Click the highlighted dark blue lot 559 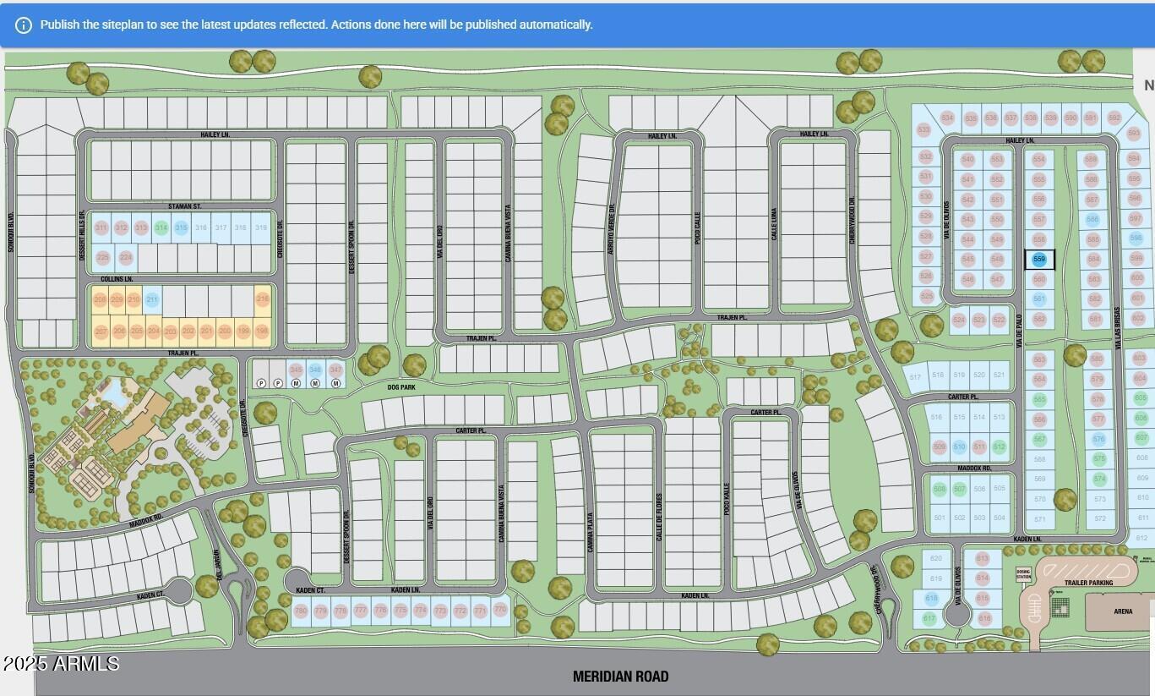[x=1039, y=260]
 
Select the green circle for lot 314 [x=161, y=227]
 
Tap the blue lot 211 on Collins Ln [x=152, y=299]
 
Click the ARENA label [x=1123, y=611]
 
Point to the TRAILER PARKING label [x=1088, y=583]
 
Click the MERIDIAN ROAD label [x=620, y=677]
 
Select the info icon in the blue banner [x=24, y=25]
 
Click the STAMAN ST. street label [x=184, y=206]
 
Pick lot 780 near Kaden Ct [x=301, y=611]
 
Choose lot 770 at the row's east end [x=500, y=610]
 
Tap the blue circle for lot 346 [x=315, y=370]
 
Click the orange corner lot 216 [x=263, y=299]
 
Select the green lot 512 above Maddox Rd [x=1000, y=447]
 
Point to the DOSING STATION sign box [x=1023, y=574]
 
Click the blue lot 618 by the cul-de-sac [x=931, y=598]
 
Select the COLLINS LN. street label [x=117, y=278]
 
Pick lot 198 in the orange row [x=262, y=331]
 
